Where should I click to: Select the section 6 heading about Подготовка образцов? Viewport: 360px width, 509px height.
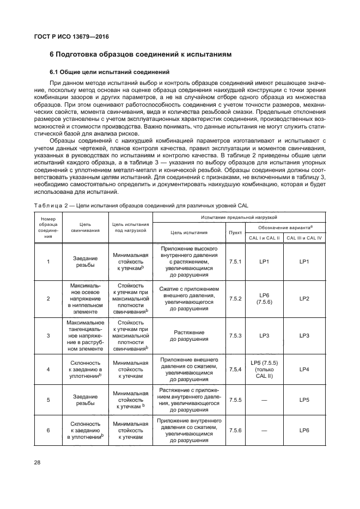click(141, 54)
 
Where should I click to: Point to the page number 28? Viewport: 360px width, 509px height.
click(38, 462)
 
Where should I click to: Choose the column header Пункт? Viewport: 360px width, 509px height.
click(235, 232)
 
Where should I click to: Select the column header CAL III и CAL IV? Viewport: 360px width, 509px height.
click(304, 237)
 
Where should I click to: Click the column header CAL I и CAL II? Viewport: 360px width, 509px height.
click(265, 237)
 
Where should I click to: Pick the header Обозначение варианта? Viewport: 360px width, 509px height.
click(284, 226)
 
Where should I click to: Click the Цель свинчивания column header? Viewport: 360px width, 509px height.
click(85, 227)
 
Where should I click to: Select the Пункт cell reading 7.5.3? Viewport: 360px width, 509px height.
click(235, 336)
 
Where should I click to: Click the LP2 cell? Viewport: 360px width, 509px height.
click(304, 299)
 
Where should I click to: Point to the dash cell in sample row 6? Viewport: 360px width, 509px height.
click(265, 430)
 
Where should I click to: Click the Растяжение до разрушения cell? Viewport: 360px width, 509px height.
click(189, 336)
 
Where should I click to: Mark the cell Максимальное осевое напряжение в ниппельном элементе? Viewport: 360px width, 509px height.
click(85, 299)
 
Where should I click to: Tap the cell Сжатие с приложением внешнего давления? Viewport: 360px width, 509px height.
click(189, 299)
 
